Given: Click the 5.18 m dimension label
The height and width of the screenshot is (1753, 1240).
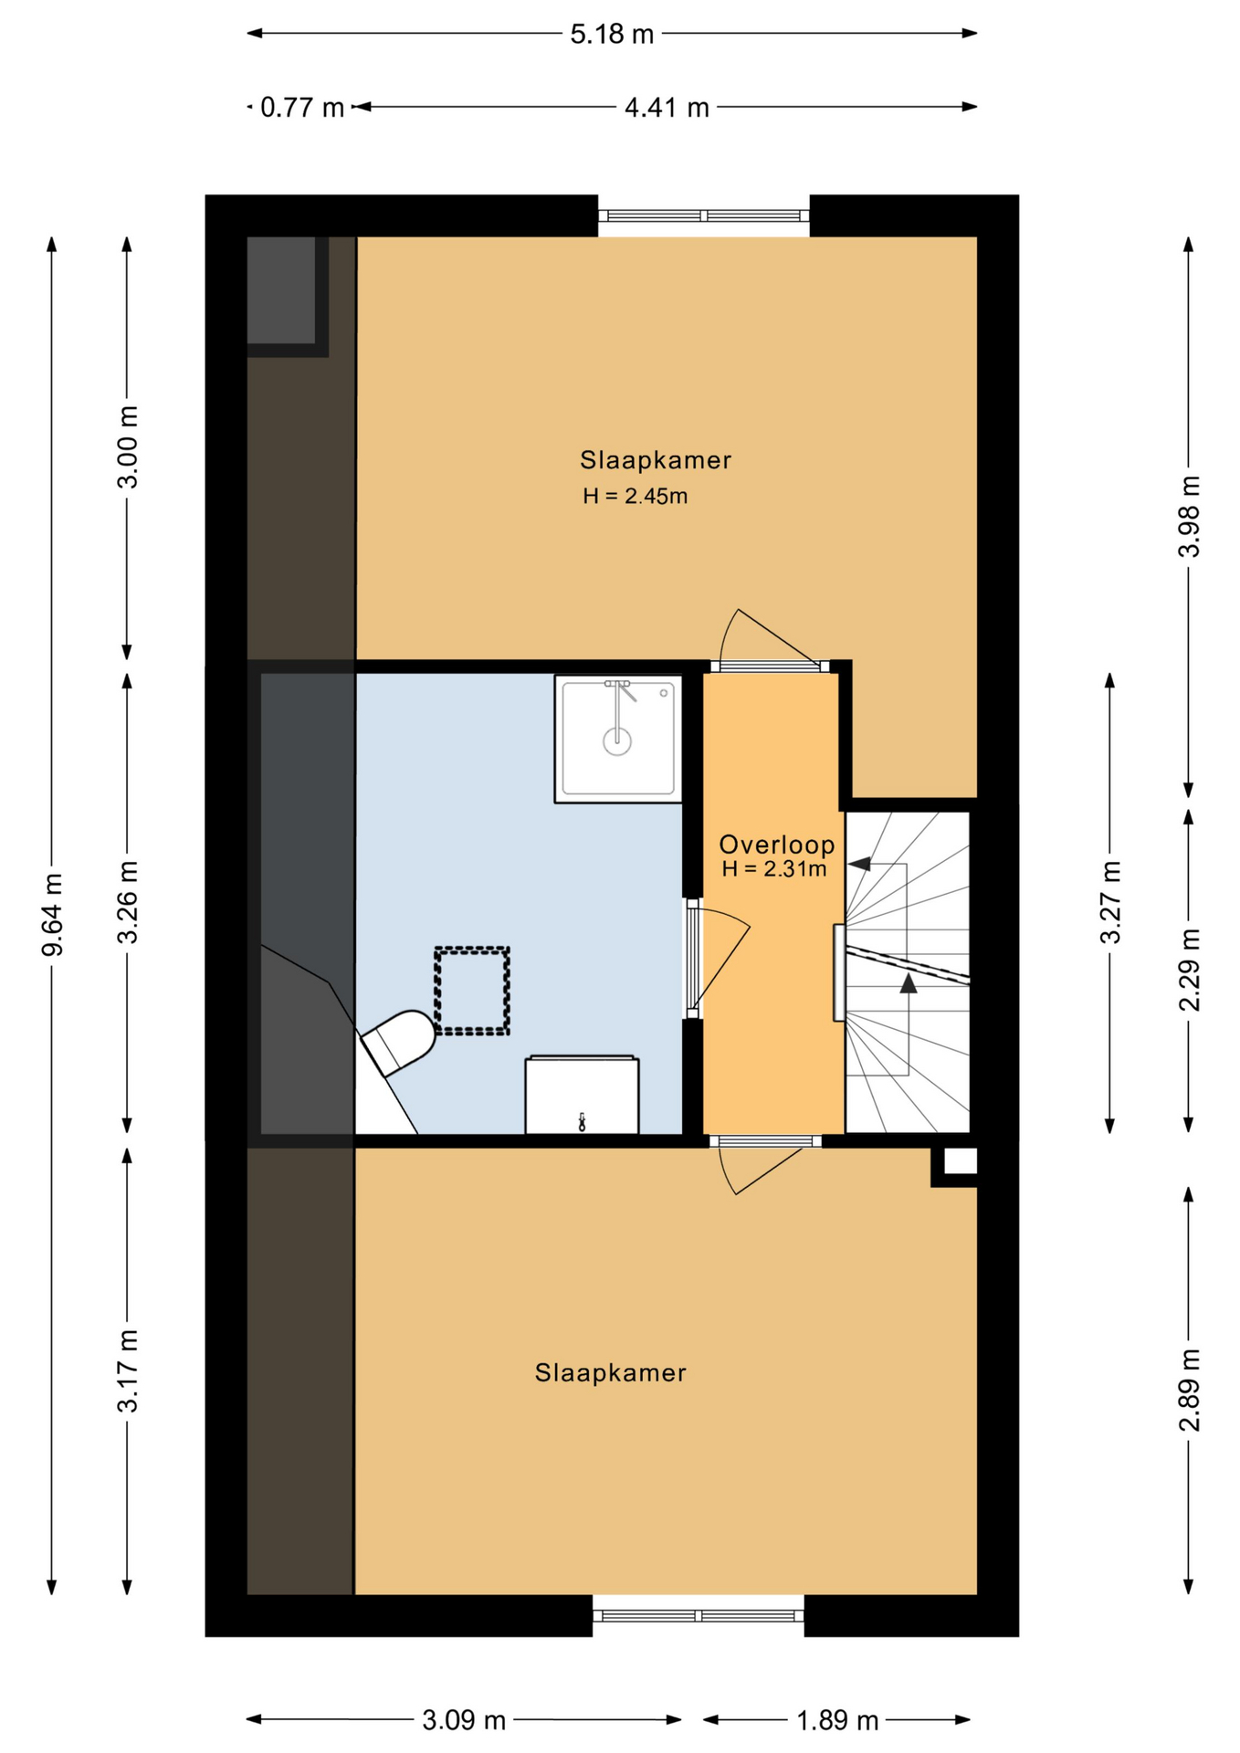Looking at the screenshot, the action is (612, 35).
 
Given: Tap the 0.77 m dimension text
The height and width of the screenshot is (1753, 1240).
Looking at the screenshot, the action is (302, 108).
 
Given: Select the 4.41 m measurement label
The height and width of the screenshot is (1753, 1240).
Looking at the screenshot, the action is (667, 108).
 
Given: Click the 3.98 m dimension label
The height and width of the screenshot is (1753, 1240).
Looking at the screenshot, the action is (1189, 516).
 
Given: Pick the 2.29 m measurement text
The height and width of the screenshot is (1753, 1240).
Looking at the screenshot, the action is (1189, 970).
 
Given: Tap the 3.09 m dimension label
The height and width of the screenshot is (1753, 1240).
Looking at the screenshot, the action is (464, 1721).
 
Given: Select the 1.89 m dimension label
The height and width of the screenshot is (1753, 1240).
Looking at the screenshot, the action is (837, 1721).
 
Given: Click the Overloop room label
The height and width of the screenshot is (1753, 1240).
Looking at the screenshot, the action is (776, 845).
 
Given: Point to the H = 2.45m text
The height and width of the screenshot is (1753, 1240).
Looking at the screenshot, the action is (636, 497).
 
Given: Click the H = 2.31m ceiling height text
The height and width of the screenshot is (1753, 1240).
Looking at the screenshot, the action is (774, 869).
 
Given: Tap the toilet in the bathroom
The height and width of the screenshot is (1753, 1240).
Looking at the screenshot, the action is (398, 1042).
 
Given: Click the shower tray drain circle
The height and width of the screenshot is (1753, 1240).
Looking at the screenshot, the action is (617, 741).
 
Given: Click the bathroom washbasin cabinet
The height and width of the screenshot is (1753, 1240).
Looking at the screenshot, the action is (582, 1095).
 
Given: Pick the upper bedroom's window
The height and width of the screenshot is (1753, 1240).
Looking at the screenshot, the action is (704, 216).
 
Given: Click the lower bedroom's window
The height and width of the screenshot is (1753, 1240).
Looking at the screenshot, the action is (699, 1615).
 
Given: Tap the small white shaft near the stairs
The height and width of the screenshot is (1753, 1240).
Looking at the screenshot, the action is (960, 1161).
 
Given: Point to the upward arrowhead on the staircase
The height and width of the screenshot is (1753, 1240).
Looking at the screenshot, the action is (908, 982).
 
